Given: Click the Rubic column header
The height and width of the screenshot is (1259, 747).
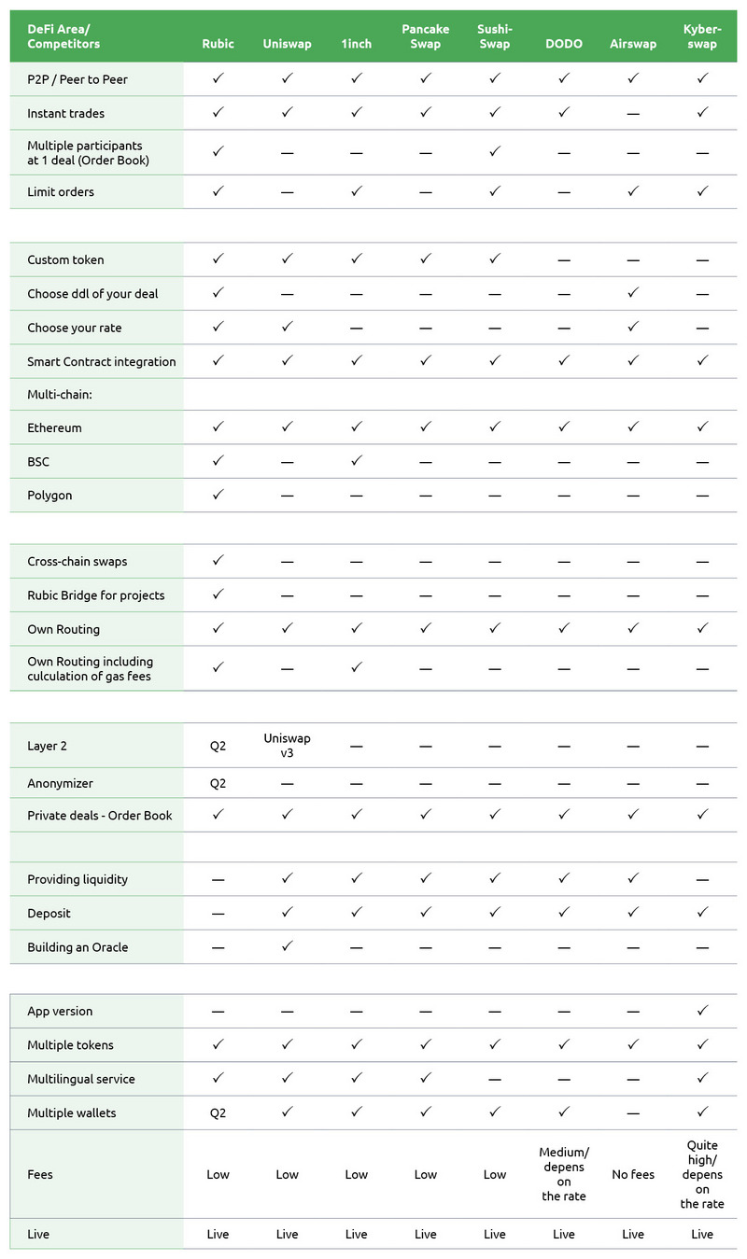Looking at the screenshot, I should [218, 44].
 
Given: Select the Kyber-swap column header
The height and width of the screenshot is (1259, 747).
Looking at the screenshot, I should [702, 36].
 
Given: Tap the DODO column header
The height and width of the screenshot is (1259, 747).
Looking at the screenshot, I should [564, 44].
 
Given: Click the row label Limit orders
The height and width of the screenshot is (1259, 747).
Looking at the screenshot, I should [61, 191].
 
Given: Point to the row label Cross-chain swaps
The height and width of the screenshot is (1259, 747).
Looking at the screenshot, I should [78, 562].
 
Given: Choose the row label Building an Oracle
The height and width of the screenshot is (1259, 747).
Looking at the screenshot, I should [78, 947].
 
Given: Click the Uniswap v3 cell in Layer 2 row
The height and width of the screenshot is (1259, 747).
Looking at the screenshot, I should [288, 745].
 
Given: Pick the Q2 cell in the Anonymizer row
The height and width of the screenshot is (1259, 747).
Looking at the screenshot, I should [218, 784].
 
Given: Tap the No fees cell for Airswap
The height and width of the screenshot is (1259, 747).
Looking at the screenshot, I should [633, 1174].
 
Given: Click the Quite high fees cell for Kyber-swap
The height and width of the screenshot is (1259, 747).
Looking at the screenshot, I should [702, 1174].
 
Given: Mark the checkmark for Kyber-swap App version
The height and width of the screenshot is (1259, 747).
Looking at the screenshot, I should [702, 1011].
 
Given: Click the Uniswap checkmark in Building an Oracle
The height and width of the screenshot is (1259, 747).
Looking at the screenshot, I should [288, 946].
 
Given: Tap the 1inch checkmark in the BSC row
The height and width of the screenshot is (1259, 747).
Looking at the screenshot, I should [357, 461].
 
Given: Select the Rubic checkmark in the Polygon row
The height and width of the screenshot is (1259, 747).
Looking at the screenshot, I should [218, 495].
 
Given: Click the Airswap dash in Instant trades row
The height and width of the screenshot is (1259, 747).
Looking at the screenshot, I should [633, 114].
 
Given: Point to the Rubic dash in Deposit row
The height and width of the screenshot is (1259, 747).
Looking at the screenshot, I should [218, 914].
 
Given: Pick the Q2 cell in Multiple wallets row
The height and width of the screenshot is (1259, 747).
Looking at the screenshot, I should [218, 1113].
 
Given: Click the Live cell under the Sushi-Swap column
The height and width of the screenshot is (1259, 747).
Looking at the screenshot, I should [495, 1234].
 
